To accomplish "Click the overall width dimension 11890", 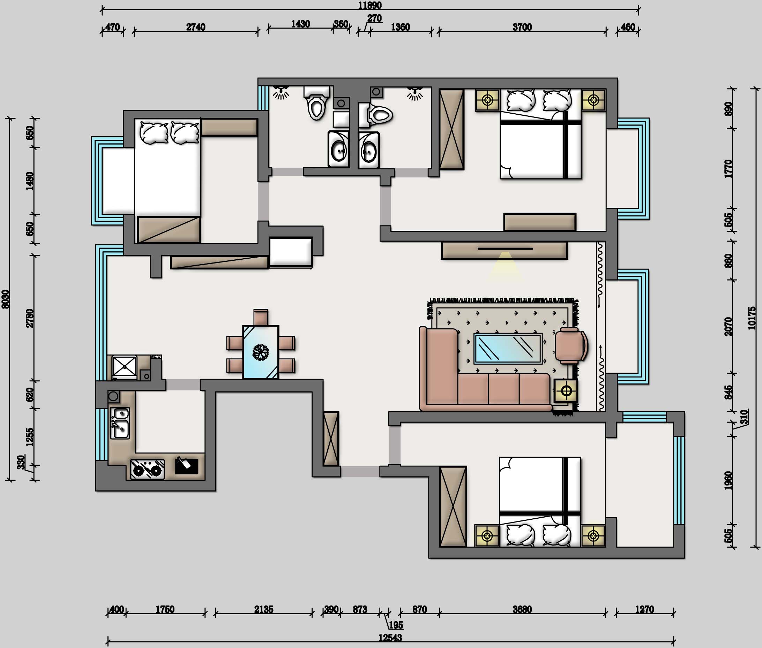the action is (x=369, y=5).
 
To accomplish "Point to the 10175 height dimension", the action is (x=752, y=318).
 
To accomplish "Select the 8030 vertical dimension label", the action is (x=5, y=299).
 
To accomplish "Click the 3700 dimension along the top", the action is (x=522, y=27).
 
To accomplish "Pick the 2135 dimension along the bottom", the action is (x=264, y=609).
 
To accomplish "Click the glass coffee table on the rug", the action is (x=508, y=349).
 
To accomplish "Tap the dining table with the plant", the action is (x=261, y=352).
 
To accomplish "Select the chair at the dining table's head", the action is (x=261, y=317).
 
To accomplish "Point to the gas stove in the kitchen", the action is (x=147, y=469).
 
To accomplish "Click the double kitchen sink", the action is (x=120, y=423).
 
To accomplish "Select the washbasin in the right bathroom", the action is (x=369, y=150).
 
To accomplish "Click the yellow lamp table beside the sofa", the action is (x=566, y=391).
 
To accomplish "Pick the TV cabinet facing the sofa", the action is (x=504, y=250).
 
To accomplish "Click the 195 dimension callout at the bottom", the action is (x=396, y=625).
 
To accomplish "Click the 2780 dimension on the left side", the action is (x=30, y=318).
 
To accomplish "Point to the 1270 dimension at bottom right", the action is (x=644, y=609).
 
